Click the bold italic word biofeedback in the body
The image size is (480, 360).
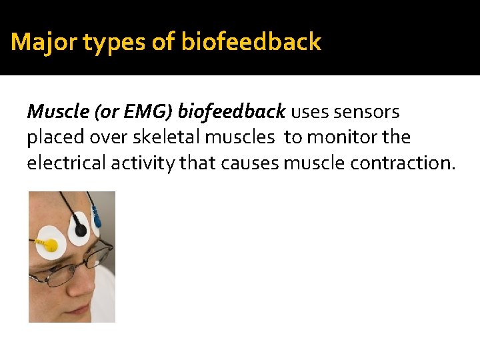(x=231, y=111)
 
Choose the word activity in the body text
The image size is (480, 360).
(x=148, y=163)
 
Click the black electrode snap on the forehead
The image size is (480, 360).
(x=80, y=230)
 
